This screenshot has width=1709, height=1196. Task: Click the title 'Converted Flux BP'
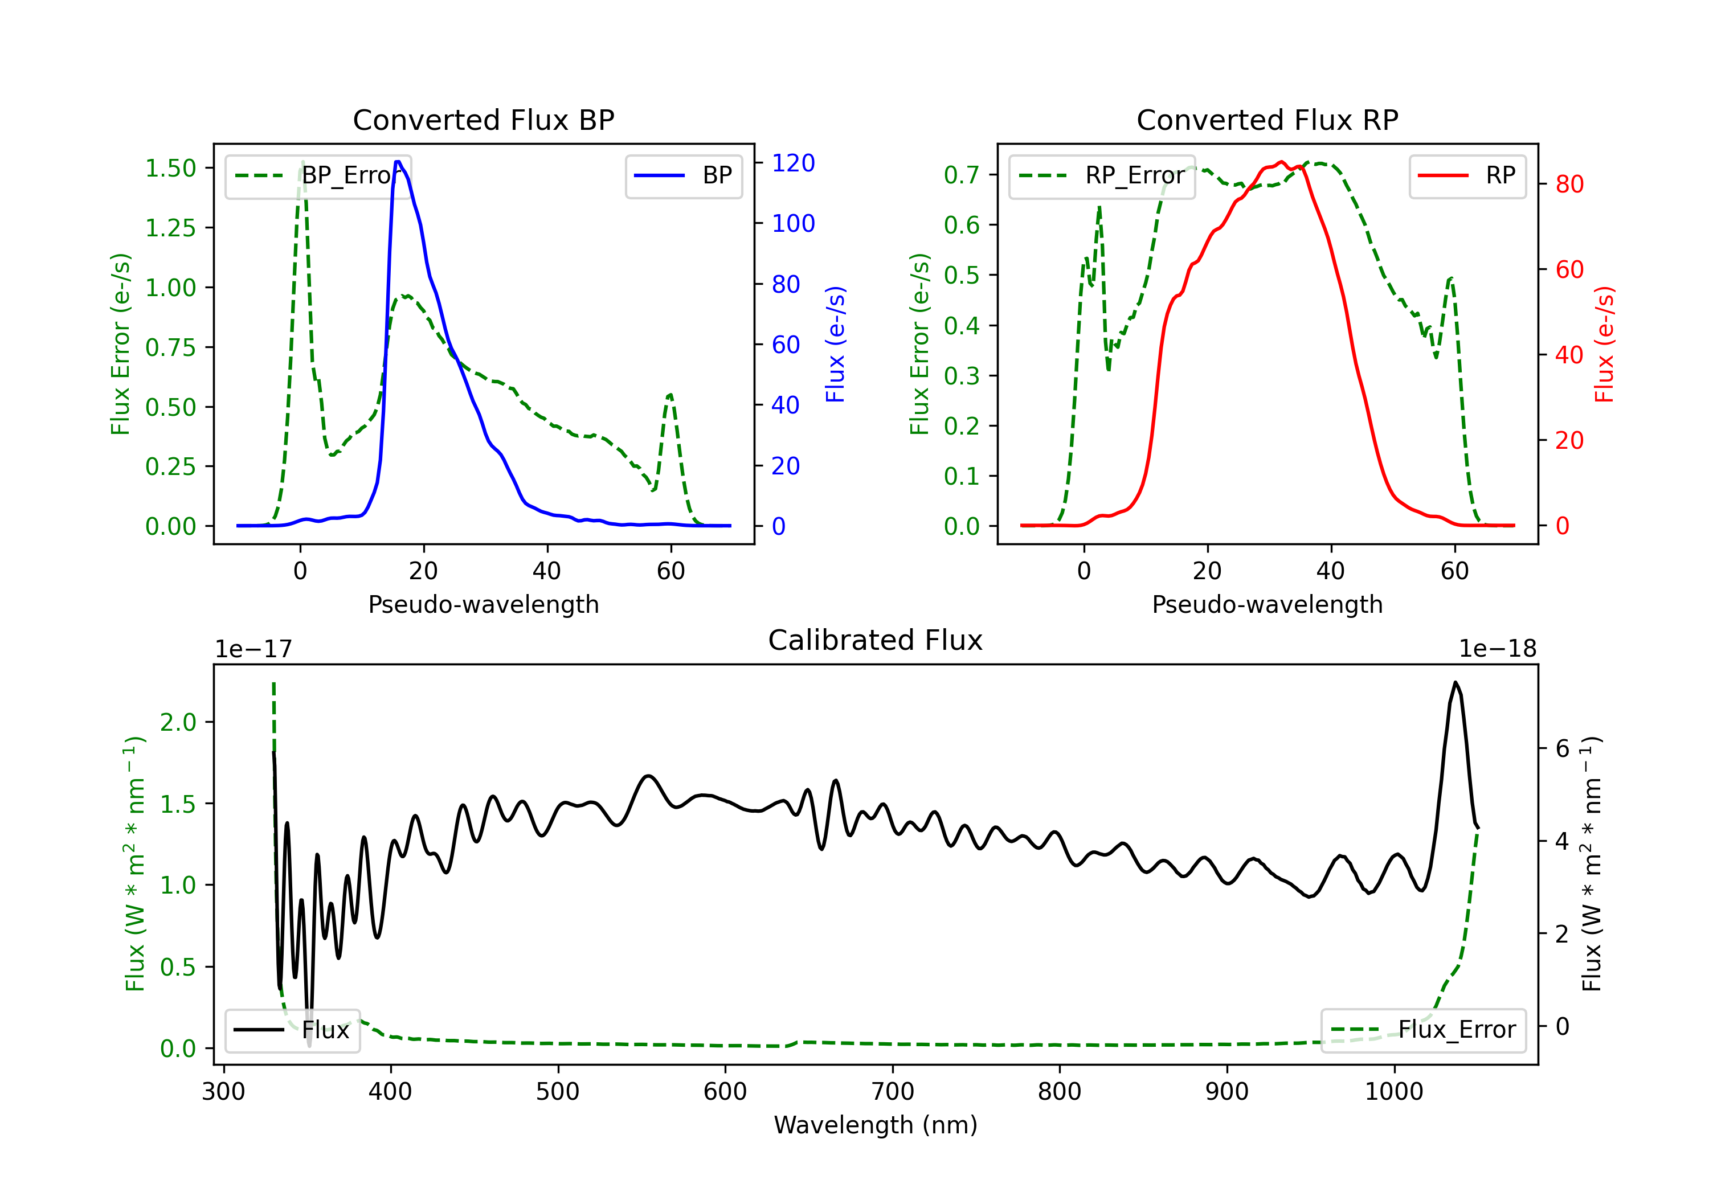(x=484, y=120)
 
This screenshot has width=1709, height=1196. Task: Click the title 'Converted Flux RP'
(x=1268, y=120)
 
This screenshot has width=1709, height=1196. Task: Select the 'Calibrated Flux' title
(x=876, y=640)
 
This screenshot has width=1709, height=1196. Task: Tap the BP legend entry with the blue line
(x=683, y=175)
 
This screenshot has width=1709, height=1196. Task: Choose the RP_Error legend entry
(x=1102, y=175)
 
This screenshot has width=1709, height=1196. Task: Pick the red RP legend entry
(x=1467, y=175)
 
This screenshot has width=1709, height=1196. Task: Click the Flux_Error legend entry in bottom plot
(x=1423, y=1030)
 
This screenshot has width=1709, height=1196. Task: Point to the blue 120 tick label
(x=794, y=163)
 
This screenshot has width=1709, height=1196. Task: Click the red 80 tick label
(x=1570, y=184)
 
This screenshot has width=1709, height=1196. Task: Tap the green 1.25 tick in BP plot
(x=170, y=228)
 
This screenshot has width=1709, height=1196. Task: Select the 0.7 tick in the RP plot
(x=962, y=175)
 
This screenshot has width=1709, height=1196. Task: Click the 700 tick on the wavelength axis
(x=893, y=1092)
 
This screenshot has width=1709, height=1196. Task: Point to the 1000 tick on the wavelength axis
(x=1394, y=1092)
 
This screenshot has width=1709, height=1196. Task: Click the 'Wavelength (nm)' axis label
(x=876, y=1125)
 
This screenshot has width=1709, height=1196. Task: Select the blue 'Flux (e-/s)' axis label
(x=836, y=344)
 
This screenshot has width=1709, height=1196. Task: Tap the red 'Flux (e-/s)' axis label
(x=1605, y=344)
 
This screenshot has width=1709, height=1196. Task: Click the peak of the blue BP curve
(x=398, y=162)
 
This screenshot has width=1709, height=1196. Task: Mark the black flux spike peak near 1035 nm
(x=1455, y=682)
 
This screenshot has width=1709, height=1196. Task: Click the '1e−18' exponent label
(x=1498, y=649)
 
